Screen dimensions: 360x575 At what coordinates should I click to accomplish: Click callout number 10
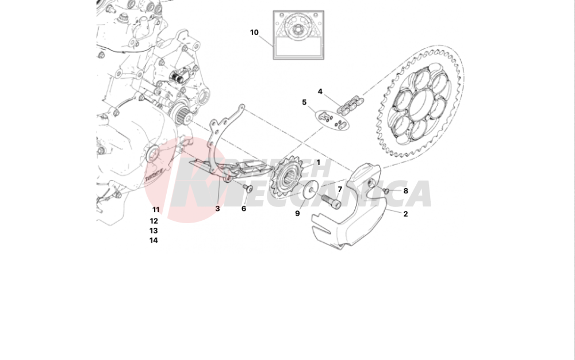[x=254, y=32]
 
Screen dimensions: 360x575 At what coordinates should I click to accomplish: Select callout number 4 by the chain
[x=320, y=91]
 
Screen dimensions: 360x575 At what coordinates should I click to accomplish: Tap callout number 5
[x=304, y=102]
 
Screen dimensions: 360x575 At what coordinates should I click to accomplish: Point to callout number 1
[x=317, y=163]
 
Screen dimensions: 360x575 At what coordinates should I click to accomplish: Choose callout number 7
[x=340, y=189]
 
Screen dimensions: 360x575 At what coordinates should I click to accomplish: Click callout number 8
[x=405, y=191]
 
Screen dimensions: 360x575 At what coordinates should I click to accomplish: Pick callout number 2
[x=405, y=214]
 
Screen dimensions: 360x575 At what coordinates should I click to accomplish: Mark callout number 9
[x=297, y=213]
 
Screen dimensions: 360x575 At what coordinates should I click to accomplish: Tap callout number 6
[x=243, y=209]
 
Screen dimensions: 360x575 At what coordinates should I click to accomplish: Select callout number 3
[x=217, y=209]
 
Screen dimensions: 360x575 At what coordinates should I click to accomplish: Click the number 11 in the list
[x=156, y=210]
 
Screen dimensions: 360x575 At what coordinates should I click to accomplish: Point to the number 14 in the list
[x=154, y=240]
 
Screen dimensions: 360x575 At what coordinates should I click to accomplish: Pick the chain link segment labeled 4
[x=350, y=106]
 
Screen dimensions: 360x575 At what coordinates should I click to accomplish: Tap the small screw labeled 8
[x=387, y=190]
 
